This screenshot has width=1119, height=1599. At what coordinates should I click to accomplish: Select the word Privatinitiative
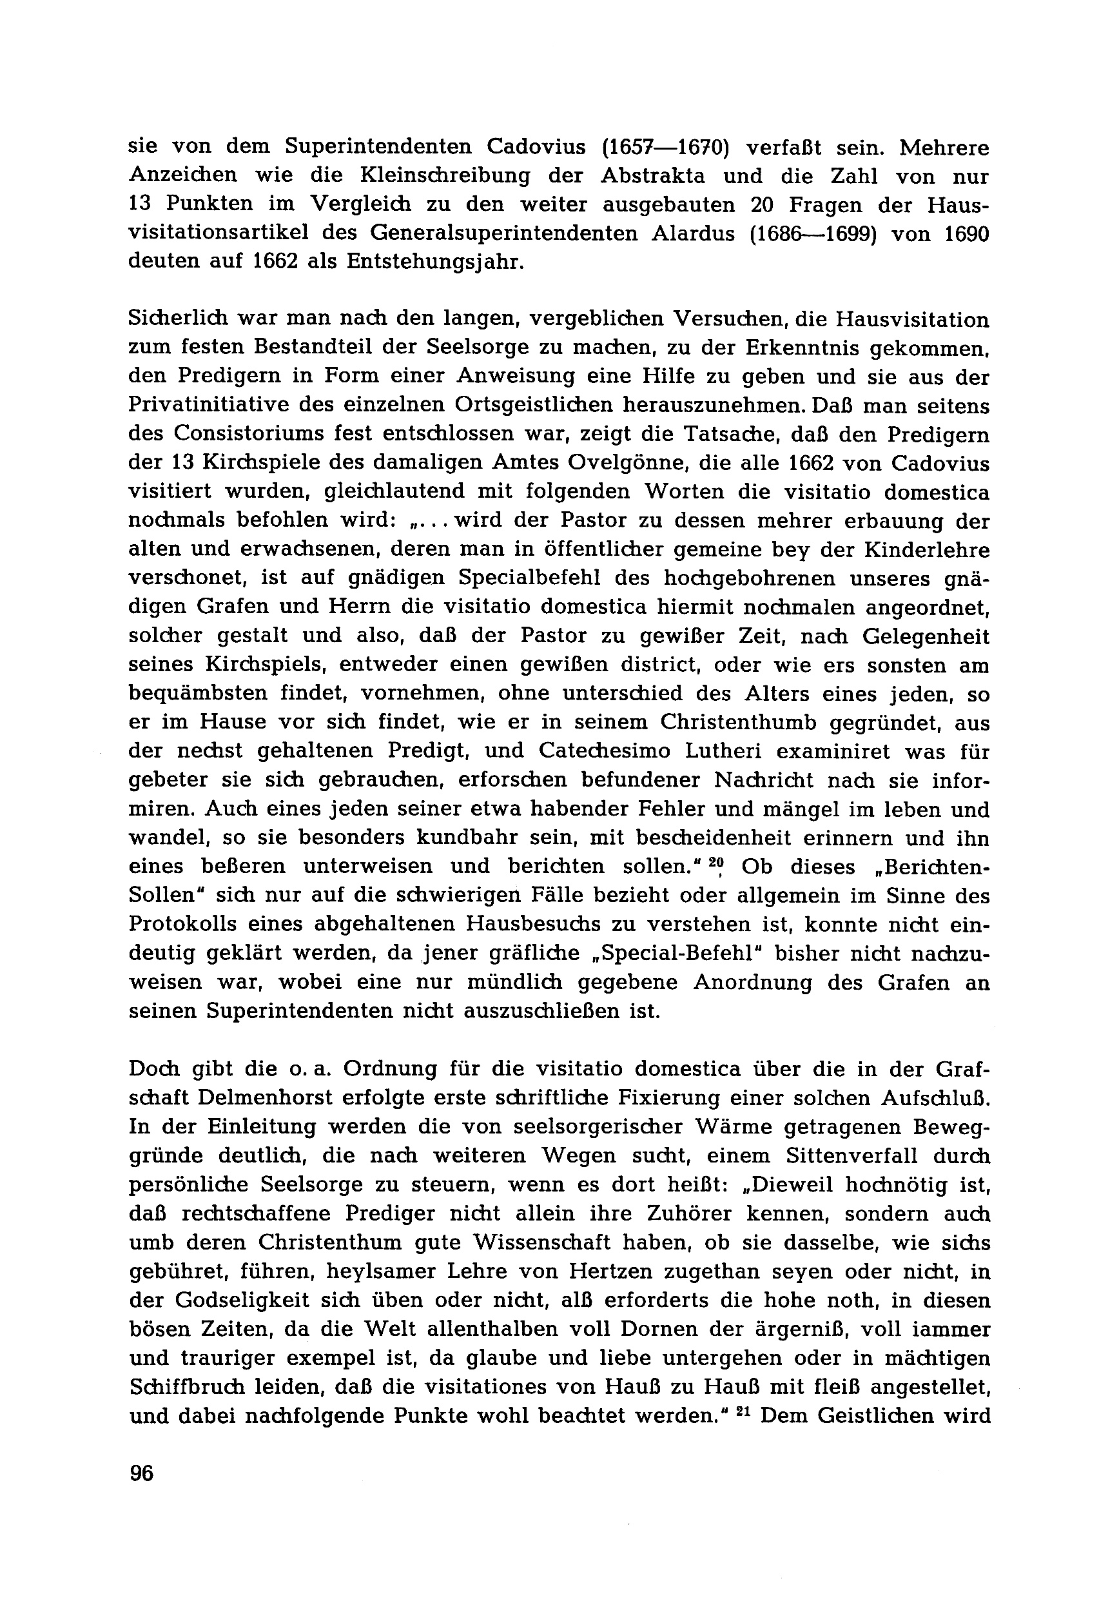(x=234, y=406)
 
